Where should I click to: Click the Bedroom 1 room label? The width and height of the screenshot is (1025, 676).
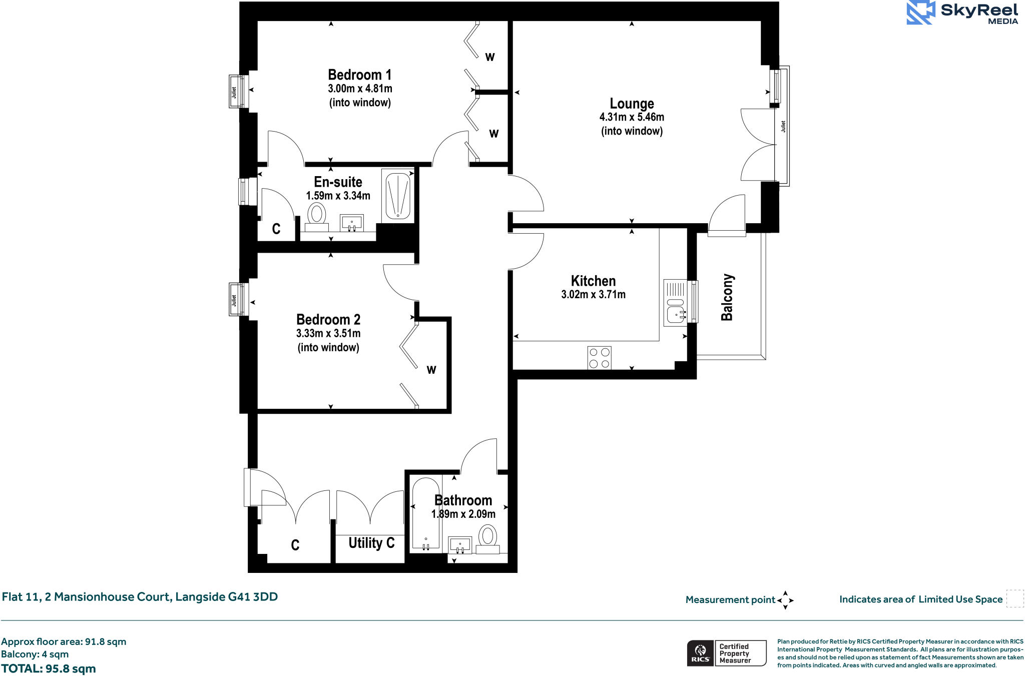click(x=359, y=75)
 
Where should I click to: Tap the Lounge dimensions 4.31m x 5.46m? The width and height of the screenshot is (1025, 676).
click(x=632, y=117)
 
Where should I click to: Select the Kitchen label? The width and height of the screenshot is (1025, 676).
click(x=593, y=281)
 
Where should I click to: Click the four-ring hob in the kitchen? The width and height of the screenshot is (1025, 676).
click(x=599, y=358)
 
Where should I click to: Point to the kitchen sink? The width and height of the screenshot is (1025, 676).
click(x=675, y=314)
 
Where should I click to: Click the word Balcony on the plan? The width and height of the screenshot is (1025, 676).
click(x=727, y=297)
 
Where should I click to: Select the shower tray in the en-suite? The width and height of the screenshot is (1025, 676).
click(x=398, y=195)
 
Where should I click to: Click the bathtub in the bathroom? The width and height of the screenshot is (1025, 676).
click(x=425, y=514)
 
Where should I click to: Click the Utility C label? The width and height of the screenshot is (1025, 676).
click(x=371, y=543)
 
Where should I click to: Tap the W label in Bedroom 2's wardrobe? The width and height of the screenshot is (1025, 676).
click(x=431, y=370)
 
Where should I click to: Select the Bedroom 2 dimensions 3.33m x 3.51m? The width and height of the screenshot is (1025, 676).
click(x=328, y=333)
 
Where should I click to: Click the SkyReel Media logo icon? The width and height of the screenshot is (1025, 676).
click(x=920, y=13)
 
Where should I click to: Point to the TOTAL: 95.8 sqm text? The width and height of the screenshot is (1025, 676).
click(x=49, y=668)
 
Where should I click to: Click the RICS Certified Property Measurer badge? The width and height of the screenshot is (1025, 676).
click(x=726, y=653)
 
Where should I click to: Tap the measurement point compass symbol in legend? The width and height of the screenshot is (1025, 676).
click(x=785, y=600)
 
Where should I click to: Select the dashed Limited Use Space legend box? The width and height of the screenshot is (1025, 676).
click(x=1014, y=599)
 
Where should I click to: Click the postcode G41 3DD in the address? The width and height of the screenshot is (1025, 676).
click(x=253, y=597)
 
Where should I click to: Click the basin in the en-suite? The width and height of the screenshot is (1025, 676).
click(x=352, y=222)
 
